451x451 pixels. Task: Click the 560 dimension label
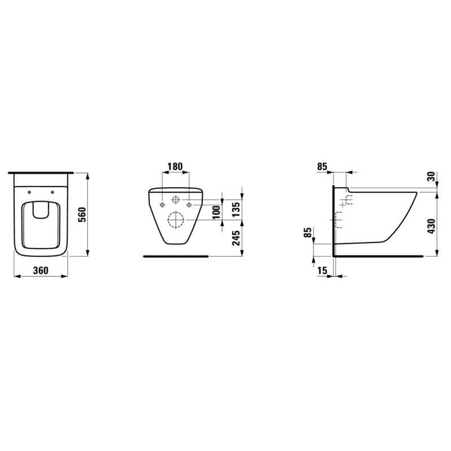[x=82, y=214]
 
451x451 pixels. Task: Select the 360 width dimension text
[x=41, y=271]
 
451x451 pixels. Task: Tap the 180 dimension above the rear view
[x=175, y=166]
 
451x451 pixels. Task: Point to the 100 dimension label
[x=217, y=212]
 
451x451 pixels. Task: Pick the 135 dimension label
[x=236, y=209]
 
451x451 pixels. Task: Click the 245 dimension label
[x=236, y=238]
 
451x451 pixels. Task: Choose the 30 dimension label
[x=431, y=176]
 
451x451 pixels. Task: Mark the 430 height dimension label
[x=431, y=226]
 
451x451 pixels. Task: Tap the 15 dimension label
[x=322, y=271]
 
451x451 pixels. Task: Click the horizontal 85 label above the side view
[x=322, y=166]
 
